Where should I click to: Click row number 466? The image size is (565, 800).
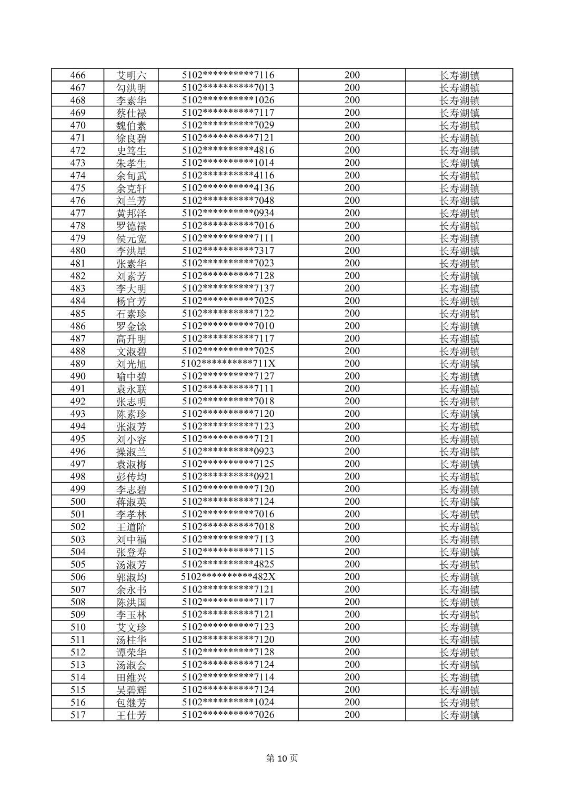[78, 75]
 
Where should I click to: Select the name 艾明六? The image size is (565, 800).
[132, 75]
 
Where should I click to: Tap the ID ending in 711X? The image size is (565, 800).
[228, 364]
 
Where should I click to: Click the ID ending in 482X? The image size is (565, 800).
[228, 577]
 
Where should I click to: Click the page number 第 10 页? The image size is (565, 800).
[282, 758]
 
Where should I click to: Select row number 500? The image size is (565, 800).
[78, 502]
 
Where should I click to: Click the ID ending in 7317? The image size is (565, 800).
[228, 251]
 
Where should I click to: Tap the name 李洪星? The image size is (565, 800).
[132, 251]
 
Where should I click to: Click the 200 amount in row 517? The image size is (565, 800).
[352, 715]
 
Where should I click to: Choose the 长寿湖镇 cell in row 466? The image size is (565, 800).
[459, 75]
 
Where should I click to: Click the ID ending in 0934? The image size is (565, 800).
[228, 213]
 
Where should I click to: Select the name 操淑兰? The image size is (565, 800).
[132, 452]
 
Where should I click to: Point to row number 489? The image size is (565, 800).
[78, 364]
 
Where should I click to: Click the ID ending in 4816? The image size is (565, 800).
[228, 151]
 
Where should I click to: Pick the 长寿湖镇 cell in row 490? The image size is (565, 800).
[459, 376]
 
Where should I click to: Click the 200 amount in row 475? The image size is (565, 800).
[352, 188]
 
